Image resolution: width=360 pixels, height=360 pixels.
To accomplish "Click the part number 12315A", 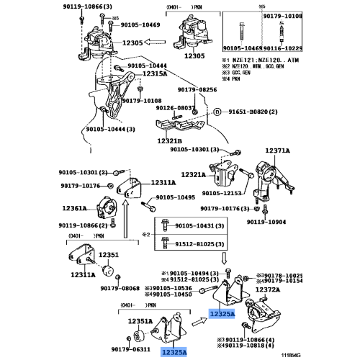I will point(156,74).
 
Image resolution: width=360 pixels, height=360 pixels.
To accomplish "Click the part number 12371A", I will point(277,150).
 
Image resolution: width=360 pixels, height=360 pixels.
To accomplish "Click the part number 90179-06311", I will point(133,351).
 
